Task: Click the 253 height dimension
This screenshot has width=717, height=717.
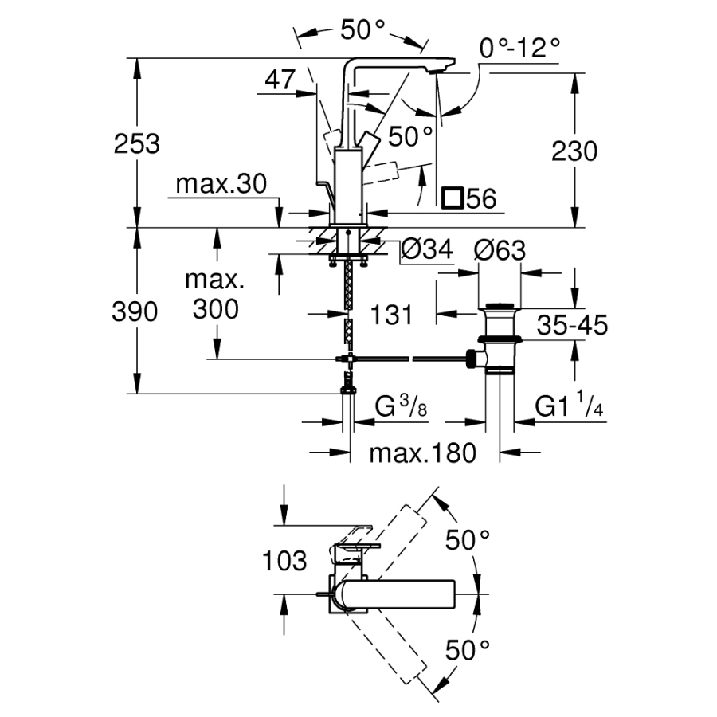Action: (x=137, y=144)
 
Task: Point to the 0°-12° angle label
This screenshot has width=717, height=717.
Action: (x=519, y=49)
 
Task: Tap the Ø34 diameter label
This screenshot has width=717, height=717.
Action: (x=427, y=249)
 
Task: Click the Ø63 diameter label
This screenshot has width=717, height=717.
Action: (x=500, y=249)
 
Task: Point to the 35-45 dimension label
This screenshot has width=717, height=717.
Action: (x=571, y=325)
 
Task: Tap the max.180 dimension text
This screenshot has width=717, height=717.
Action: (x=422, y=453)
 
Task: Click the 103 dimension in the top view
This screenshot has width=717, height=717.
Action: (x=284, y=561)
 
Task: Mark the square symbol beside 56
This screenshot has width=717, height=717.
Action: (x=453, y=198)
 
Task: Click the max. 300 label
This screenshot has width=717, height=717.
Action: (x=214, y=294)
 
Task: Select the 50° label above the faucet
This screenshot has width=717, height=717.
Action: (x=362, y=30)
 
